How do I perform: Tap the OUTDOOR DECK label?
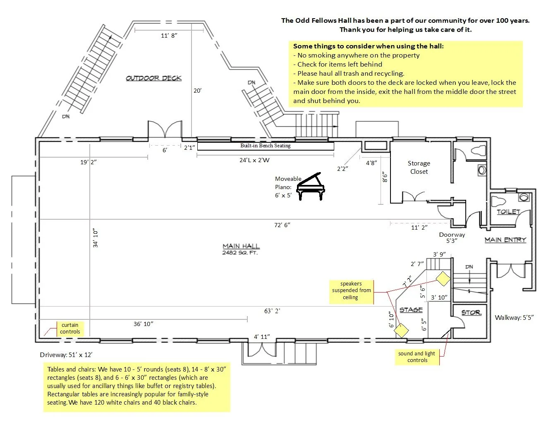[x=153, y=78]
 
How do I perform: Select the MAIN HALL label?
[x=241, y=246]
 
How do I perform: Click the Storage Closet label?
[x=419, y=168]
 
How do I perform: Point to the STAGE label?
[x=411, y=309]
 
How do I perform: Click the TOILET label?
[x=508, y=211]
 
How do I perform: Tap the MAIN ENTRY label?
[x=505, y=240]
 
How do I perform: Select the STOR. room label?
[x=471, y=312]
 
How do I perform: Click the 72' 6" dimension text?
[x=282, y=225]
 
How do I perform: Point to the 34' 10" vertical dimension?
[x=96, y=238]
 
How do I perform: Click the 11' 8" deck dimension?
[x=169, y=36]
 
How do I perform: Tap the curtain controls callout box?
[x=70, y=328]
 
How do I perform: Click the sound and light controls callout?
[x=417, y=357]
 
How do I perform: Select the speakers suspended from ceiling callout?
[x=351, y=290]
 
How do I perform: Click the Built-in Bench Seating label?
[x=265, y=146]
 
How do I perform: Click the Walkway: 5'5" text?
[x=514, y=318]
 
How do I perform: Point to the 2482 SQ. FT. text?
[x=240, y=253]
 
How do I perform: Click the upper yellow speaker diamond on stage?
[x=443, y=278]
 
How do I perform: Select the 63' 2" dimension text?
[x=272, y=311]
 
